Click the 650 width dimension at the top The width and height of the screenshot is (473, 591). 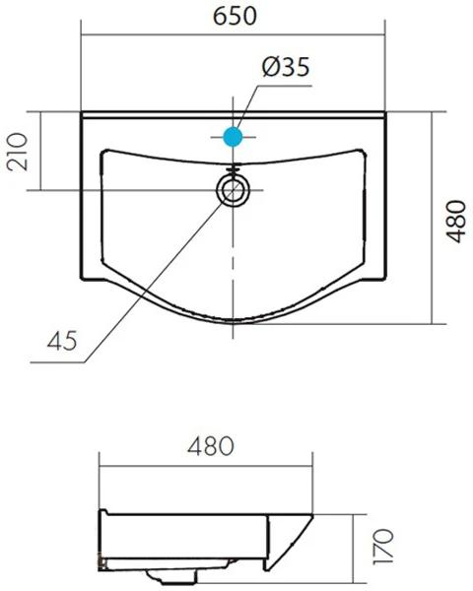coord(233,17)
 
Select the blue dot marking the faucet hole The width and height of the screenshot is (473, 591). coord(234,137)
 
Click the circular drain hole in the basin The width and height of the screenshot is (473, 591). coord(234,189)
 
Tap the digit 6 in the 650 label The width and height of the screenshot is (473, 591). coord(213,17)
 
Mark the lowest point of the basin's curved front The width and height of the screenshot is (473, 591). coord(234,322)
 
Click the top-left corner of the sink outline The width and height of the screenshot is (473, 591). coord(82,111)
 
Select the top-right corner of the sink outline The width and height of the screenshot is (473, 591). coord(383,111)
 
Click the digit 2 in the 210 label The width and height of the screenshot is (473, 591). coord(18,165)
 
